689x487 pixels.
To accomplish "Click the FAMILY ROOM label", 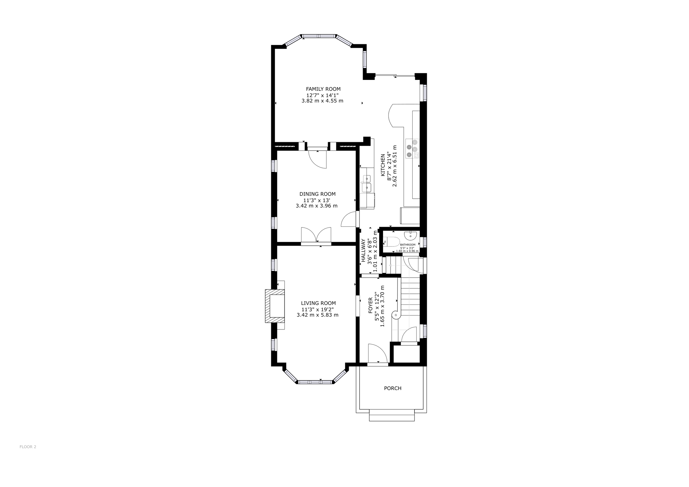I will point(323,89).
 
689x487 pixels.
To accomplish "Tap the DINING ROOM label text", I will point(317,194).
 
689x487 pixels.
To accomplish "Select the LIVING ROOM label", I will point(318,303).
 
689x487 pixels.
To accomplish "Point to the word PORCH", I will point(392,388).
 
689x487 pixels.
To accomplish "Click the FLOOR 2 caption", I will point(28,455).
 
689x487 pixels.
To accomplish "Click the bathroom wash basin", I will point(411,236).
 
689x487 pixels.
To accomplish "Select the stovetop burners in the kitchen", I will point(412,148).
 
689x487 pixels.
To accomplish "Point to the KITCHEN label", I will point(383,166).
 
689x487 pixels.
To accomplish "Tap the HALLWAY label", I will point(364,250).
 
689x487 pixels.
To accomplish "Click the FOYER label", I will point(371,305).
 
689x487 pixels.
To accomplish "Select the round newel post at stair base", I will point(396,315).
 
